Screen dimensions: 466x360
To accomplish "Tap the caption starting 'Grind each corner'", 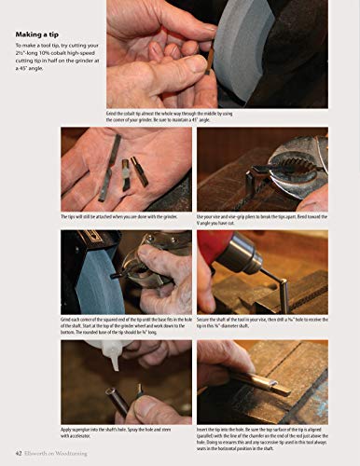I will click(x=126, y=324).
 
